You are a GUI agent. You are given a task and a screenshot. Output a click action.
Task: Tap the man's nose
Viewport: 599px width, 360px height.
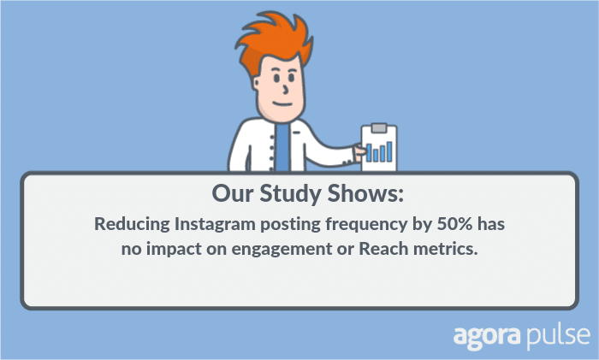285,90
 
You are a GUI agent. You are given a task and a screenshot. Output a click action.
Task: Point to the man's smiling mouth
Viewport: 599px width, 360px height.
282,103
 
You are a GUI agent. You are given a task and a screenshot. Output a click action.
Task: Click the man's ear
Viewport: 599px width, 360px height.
257,84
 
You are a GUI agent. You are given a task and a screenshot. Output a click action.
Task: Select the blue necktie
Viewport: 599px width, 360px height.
282,147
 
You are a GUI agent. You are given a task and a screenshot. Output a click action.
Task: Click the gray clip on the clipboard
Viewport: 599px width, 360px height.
378,128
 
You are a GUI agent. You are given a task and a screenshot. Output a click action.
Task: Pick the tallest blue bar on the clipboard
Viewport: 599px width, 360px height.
388,151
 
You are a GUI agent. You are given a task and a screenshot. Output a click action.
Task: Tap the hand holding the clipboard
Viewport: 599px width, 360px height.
359,152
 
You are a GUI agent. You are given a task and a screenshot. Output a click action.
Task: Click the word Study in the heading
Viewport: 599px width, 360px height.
291,193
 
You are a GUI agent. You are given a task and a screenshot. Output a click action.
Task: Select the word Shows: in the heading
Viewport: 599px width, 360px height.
365,193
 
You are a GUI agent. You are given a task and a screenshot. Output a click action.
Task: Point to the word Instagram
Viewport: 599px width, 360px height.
215,224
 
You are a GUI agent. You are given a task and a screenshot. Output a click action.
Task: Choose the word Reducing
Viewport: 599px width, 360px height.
132,224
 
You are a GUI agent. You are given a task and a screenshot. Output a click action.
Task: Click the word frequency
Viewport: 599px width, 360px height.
366,225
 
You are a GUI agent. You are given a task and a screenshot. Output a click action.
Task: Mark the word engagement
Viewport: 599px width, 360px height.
282,250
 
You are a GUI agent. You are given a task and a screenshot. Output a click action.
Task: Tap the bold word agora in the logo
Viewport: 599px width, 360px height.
487,337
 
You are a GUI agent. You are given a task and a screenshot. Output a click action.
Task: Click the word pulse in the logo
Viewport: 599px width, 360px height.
557,336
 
